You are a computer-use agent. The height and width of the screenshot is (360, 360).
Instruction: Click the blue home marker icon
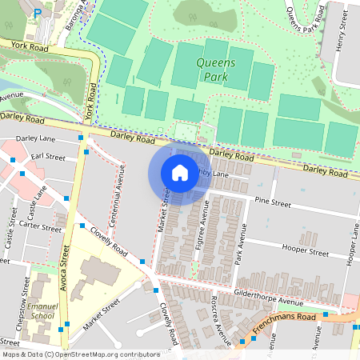[x=180, y=173]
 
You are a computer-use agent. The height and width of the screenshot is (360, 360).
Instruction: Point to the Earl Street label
[x=48, y=158]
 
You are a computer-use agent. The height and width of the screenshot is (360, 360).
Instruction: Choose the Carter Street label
[x=41, y=228]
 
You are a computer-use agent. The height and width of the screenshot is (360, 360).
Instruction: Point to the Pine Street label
[x=272, y=203]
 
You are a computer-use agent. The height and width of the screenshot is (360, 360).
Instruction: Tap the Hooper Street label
[x=307, y=252]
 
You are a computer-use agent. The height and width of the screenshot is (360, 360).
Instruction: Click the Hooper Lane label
[x=353, y=244]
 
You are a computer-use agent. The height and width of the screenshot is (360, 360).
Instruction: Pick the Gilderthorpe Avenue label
[x=268, y=298]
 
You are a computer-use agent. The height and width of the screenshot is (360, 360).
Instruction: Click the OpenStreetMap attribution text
[x=70, y=354]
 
